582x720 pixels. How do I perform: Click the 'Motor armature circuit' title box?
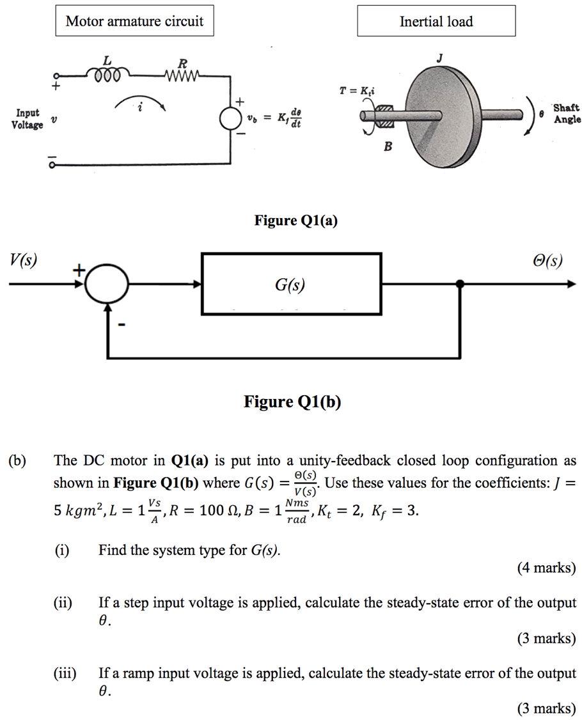pos(134,21)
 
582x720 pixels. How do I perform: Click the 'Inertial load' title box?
pos(436,21)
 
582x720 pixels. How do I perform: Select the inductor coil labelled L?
pos(107,75)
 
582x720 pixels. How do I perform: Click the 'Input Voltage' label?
pos(28,119)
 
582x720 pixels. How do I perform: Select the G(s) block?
pos(291,284)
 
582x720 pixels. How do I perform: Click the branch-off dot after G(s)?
pos(460,285)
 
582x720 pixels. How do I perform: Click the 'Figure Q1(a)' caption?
pos(295,221)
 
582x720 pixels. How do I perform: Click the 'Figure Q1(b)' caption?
pos(292,402)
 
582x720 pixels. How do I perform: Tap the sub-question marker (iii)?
pos(65,673)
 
